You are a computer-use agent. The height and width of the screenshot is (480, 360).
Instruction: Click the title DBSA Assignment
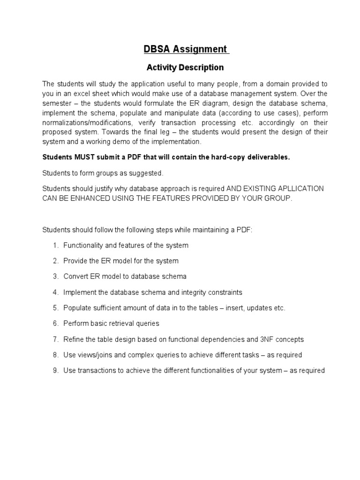[x=185, y=49]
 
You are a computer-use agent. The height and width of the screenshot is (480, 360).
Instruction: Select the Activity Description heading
[x=185, y=67]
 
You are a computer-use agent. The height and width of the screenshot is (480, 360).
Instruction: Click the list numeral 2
[x=55, y=261]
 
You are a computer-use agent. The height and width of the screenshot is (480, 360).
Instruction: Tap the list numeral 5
[x=55, y=308]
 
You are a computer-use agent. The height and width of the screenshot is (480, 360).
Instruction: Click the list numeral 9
[x=55, y=370]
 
